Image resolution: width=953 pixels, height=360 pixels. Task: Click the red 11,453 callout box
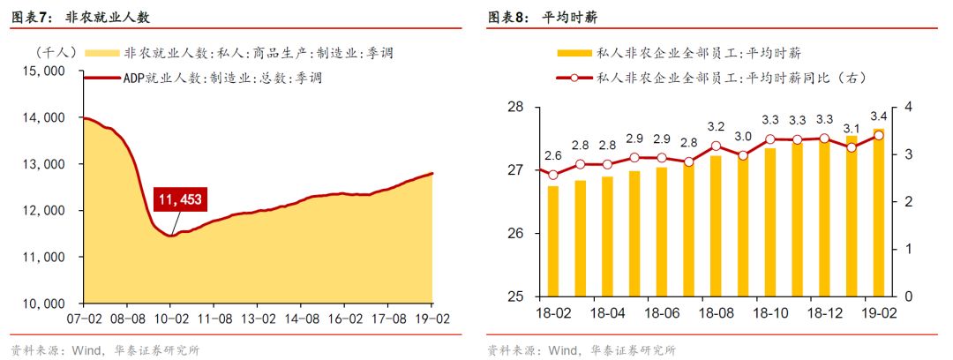(x=180, y=200)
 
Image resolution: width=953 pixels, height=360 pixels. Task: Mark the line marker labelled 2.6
(x=553, y=175)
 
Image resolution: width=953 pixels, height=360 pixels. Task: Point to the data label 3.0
(x=743, y=137)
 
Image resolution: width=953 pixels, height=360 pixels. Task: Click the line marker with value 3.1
(x=851, y=147)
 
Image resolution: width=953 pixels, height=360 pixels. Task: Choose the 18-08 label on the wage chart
(x=716, y=313)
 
